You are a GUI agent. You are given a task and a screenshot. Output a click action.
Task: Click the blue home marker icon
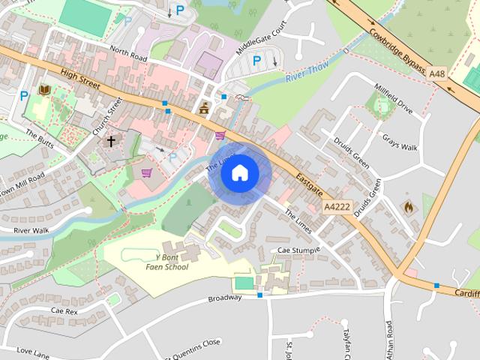tap(239, 172)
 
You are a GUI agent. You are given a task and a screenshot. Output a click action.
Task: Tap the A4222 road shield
tap(337, 205)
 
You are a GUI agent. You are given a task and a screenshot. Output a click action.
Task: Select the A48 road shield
tap(438, 73)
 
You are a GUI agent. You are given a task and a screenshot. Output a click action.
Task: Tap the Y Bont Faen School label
tap(166, 262)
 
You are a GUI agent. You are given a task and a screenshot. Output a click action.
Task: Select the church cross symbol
tap(111, 140)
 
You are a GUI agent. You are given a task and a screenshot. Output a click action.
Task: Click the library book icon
tap(44, 90)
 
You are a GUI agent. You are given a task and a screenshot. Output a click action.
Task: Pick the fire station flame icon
tap(408, 206)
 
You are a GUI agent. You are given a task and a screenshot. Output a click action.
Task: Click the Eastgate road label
tap(308, 181)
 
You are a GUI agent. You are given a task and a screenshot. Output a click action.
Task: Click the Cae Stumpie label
tap(294, 250)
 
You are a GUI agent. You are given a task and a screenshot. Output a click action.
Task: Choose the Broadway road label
tap(225, 297)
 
